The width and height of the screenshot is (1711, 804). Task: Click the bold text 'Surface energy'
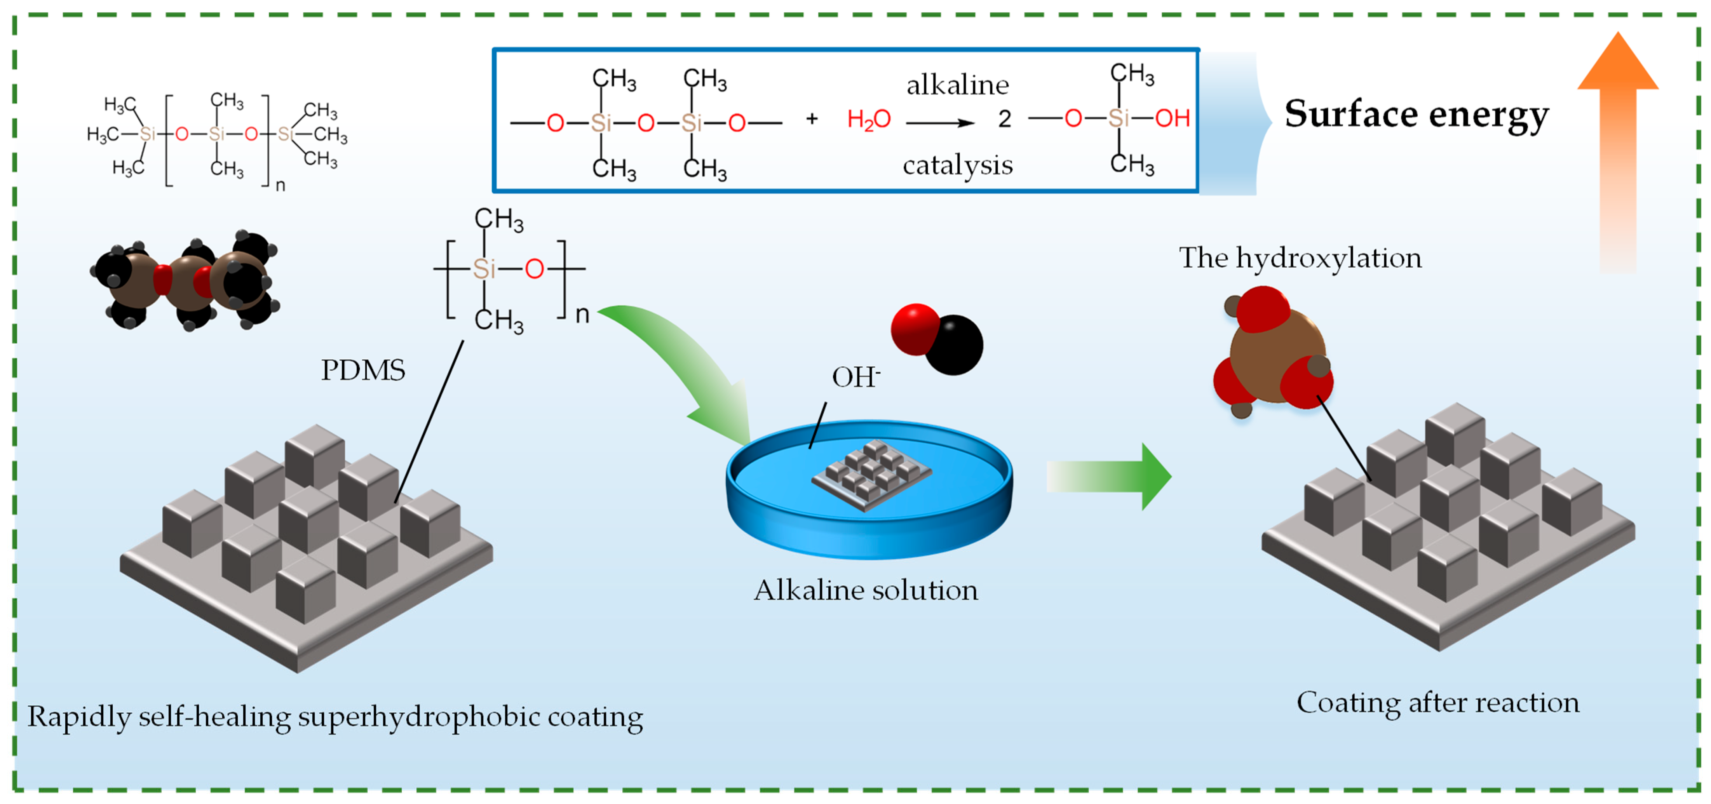click(1416, 114)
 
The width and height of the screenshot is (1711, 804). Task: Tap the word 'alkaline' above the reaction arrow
click(957, 85)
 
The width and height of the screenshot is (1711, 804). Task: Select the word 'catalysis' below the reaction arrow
click(957, 165)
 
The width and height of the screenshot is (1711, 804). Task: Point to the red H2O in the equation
click(868, 120)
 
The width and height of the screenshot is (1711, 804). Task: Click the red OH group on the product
click(1172, 118)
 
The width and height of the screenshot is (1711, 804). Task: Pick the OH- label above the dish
click(855, 377)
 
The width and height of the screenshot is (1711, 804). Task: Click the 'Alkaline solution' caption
click(866, 590)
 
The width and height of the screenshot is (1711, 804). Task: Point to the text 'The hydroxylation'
click(1300, 258)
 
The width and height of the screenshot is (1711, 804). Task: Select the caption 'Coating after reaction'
click(1437, 702)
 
